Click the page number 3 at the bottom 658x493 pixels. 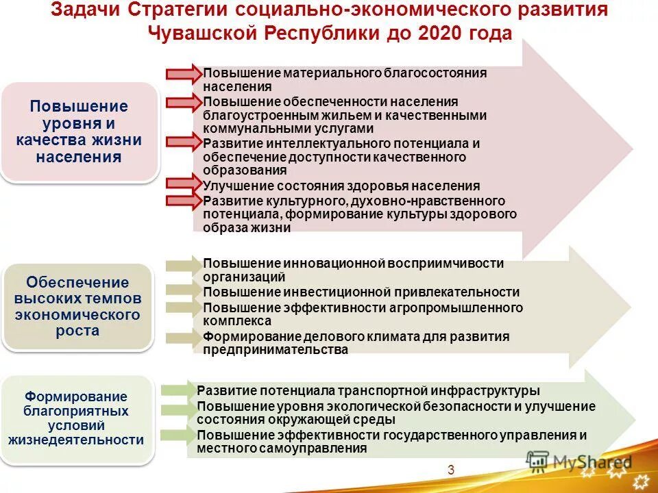click(451, 469)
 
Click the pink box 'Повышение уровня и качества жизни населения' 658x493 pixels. click(79, 131)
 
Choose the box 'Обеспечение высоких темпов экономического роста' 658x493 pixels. click(77, 307)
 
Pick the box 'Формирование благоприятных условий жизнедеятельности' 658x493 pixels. click(76, 418)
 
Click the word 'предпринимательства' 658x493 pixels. click(276, 350)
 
